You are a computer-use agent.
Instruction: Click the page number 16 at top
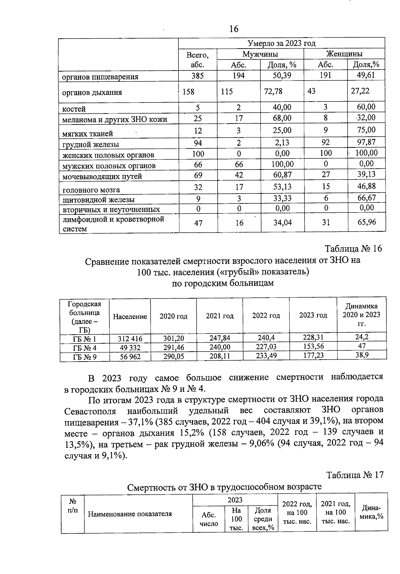[234, 29]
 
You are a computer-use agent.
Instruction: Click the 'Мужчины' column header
[260, 54]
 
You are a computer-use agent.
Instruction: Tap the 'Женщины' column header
[344, 54]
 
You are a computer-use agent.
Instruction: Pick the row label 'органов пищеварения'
[100, 77]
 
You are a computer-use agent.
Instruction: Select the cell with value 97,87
[366, 142]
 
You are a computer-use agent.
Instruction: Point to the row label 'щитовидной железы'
[99, 200]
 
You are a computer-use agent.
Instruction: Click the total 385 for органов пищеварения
[198, 76]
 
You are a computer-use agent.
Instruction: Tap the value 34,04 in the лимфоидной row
[282, 222]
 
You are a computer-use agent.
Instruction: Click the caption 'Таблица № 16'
[353, 249]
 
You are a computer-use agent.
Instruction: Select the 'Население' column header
[130, 317]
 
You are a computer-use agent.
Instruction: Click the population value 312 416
[130, 339]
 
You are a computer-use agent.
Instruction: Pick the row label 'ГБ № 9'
[85, 357]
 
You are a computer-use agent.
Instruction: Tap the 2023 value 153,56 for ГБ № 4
[313, 346]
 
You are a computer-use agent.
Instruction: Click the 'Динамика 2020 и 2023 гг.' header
[361, 315]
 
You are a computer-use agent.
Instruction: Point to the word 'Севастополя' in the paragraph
[90, 411]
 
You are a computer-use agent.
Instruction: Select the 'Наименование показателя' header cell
[130, 514]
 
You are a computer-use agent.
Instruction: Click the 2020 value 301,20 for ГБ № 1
[173, 338]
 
